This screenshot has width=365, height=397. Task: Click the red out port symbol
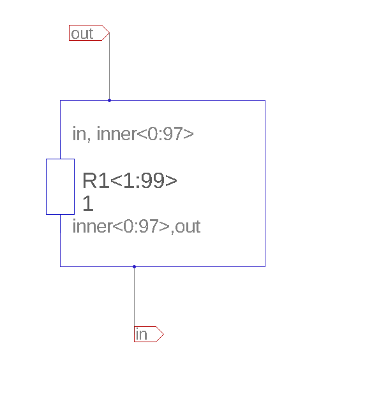(89, 32)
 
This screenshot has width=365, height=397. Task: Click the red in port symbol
(149, 334)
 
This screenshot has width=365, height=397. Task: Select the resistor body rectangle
(61, 187)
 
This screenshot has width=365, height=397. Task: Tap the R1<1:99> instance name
(130, 180)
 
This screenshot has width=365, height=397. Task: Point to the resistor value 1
(88, 203)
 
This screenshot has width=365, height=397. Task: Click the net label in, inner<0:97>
(133, 134)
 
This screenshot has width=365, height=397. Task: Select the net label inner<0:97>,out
(137, 226)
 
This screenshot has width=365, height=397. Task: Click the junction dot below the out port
(110, 100)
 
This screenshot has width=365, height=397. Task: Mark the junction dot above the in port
(135, 266)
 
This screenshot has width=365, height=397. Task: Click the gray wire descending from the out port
(110, 66)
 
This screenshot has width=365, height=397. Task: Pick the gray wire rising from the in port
(135, 296)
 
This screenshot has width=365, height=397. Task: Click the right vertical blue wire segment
(265, 184)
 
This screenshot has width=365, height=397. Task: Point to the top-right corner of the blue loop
(265, 100)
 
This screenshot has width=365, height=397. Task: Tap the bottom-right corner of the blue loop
(265, 266)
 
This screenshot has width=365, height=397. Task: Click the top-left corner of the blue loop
(61, 100)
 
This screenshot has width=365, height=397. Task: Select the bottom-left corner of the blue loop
(61, 266)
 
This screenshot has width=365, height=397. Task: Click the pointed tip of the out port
(110, 32)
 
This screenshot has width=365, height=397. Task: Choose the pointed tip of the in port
(164, 334)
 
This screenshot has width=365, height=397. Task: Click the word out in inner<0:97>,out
(188, 227)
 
